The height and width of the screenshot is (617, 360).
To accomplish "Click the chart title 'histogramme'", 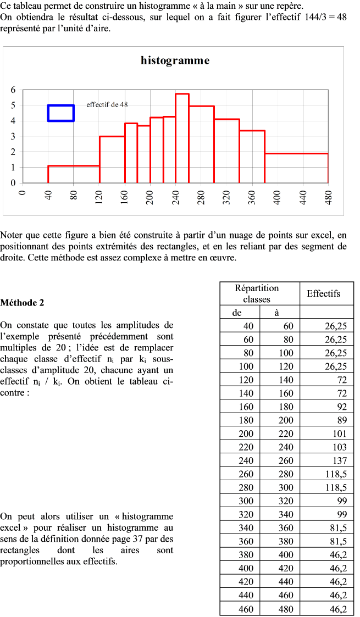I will point(175,60).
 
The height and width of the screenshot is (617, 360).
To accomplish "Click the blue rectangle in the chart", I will point(60,113).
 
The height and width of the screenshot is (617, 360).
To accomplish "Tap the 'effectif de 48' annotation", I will point(107,104).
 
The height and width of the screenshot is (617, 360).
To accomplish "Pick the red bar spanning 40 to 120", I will point(74,174).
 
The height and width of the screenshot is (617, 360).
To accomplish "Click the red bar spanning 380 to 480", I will point(296,168).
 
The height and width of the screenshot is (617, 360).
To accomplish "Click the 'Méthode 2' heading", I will point(22,302).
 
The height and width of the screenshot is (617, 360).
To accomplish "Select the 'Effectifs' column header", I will point(323,293).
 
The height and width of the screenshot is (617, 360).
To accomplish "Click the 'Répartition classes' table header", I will point(257,293).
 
